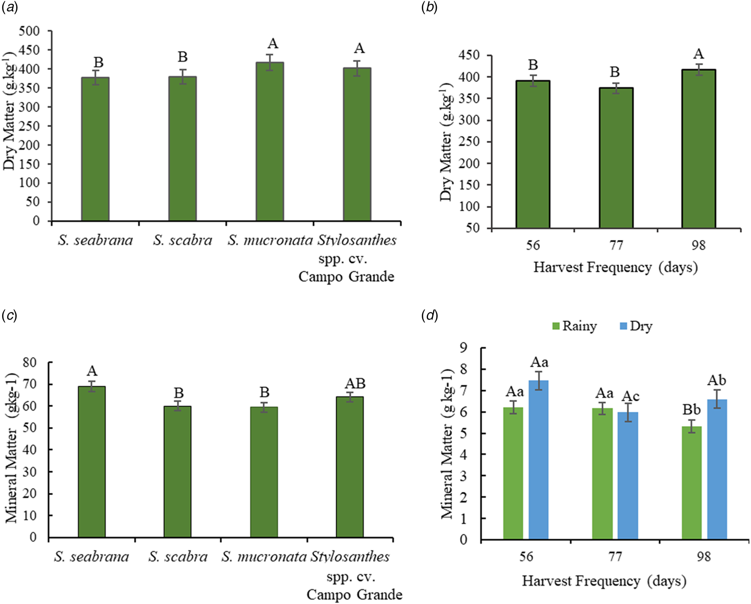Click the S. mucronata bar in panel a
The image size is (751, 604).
[270, 142]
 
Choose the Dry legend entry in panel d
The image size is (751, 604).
[636, 326]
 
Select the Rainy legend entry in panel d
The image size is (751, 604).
[574, 326]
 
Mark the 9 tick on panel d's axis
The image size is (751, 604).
[471, 347]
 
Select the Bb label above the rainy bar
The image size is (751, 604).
[691, 410]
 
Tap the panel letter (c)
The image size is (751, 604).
[9, 316]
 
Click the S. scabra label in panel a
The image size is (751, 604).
[182, 240]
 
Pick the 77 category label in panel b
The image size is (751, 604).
[616, 245]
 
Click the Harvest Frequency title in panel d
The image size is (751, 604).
[604, 581]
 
